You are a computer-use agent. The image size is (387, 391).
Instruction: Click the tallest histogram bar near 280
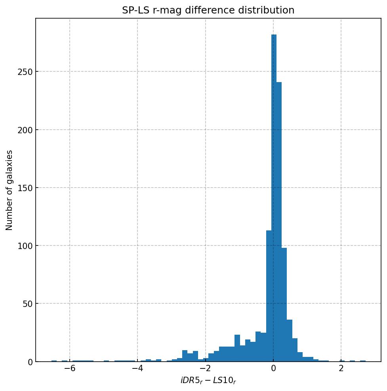point(274,198)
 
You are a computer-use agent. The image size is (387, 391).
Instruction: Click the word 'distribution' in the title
point(269,10)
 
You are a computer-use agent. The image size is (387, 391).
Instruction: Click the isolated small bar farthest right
point(363,361)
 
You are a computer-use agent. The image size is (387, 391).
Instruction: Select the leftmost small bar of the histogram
point(54,361)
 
